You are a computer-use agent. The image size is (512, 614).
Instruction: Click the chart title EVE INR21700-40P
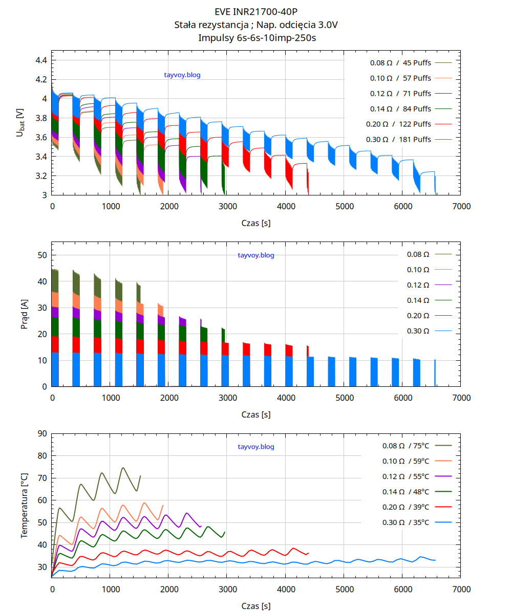click(x=256, y=12)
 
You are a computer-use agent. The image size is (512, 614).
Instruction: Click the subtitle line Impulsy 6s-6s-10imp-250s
click(x=256, y=37)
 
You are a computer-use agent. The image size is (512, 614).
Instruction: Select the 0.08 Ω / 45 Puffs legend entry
click(x=400, y=63)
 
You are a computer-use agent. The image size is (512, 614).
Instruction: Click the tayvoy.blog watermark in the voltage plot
click(x=182, y=75)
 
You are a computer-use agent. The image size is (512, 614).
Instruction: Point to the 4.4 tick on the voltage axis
click(x=41, y=60)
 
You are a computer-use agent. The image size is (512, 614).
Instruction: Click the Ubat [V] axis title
click(x=20, y=122)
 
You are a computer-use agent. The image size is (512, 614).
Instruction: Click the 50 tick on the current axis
click(x=42, y=255)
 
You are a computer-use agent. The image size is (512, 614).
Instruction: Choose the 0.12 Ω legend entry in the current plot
click(x=418, y=284)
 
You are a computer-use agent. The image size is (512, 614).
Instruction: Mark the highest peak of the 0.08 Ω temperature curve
click(x=123, y=468)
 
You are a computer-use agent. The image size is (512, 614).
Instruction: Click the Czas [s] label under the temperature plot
click(x=256, y=606)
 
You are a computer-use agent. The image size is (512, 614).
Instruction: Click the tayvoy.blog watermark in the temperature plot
click(x=256, y=447)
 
